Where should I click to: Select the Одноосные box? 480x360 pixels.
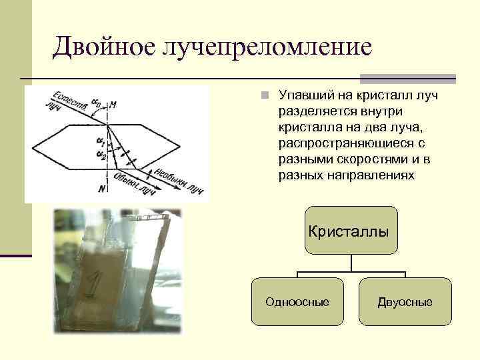click(297, 302)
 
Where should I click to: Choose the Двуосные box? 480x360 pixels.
click(405, 302)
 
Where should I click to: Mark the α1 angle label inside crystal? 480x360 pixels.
click(100, 141)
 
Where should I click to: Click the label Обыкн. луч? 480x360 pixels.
click(136, 182)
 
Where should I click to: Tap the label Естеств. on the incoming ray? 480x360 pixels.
click(69, 98)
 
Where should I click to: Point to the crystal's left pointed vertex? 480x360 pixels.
click(33, 144)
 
